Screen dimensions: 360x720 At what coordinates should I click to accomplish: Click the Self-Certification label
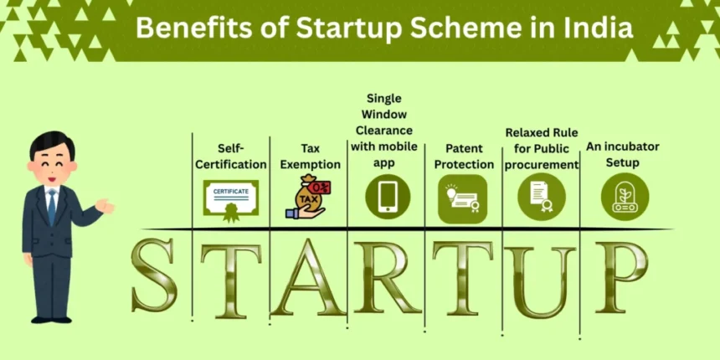click(231, 156)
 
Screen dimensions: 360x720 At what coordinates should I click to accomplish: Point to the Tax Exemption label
click(310, 156)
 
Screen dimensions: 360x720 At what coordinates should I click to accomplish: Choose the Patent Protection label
click(464, 156)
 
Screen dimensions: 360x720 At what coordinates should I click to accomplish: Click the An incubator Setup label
click(622, 154)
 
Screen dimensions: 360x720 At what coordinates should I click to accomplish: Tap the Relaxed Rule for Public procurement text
click(542, 148)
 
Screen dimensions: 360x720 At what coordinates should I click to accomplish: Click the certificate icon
click(231, 198)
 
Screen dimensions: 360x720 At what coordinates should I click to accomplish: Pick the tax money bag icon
click(306, 198)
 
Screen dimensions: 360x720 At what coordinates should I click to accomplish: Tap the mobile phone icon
click(388, 198)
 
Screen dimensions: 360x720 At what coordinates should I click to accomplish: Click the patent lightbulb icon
click(463, 198)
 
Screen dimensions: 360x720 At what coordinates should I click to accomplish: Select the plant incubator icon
click(625, 198)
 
